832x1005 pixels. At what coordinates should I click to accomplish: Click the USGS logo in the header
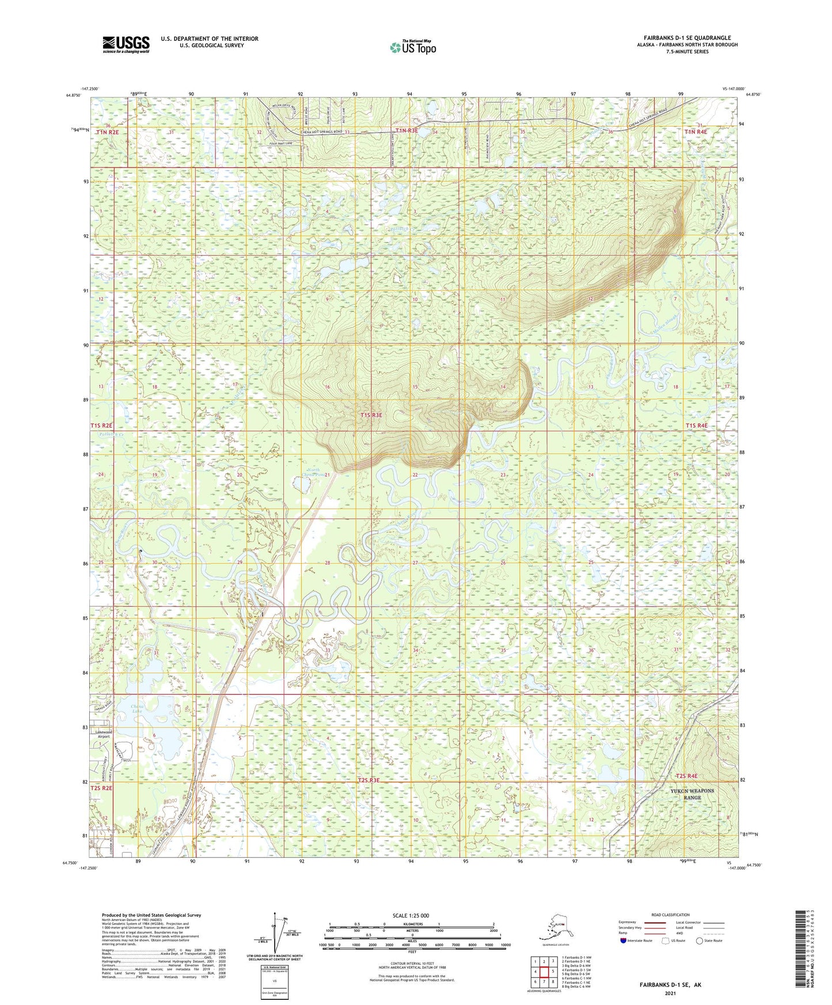coord(126,44)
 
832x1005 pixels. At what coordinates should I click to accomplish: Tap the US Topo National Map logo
coord(412,47)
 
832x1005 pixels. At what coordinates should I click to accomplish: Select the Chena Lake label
coord(136,709)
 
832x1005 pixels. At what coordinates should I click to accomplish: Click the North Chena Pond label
coord(314,473)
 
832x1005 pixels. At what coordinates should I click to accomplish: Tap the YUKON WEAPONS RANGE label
coord(692,794)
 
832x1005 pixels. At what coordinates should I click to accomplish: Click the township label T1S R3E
coord(371,414)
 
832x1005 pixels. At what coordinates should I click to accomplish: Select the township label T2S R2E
coord(102,788)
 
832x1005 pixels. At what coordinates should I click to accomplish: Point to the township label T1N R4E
coord(696,132)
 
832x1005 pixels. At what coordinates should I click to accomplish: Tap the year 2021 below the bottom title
coord(670,993)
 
